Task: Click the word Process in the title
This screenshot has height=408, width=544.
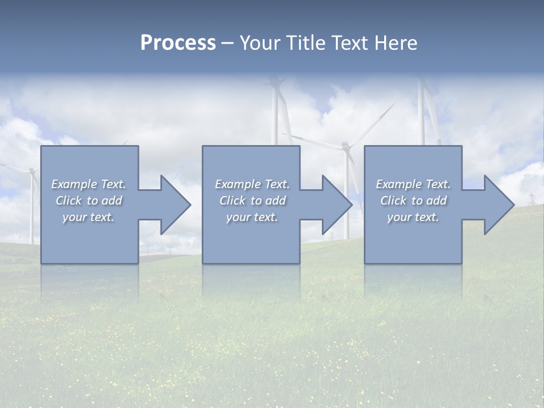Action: (178, 43)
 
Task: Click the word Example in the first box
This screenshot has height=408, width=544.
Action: (74, 184)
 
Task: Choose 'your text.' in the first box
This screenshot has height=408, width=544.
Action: (88, 217)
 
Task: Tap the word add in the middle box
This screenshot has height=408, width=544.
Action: (275, 201)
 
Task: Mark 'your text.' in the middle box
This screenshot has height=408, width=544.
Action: (252, 217)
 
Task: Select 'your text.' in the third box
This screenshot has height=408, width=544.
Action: (413, 217)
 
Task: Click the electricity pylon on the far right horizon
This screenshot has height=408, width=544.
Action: (532, 200)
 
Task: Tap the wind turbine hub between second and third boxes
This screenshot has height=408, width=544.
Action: (345, 147)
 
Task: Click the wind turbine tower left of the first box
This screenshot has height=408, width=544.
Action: (31, 210)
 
